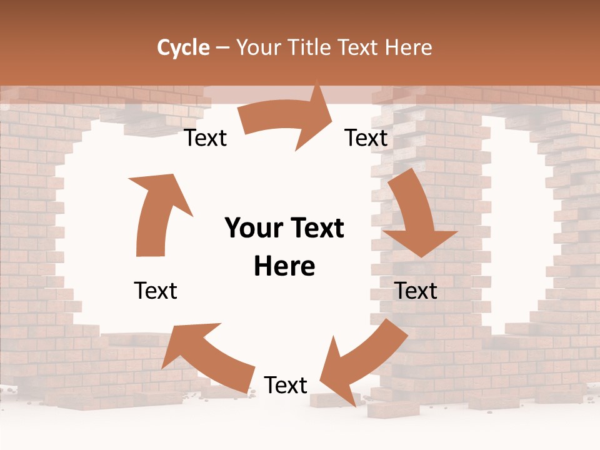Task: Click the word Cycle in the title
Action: pos(183,47)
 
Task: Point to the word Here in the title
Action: pos(409,47)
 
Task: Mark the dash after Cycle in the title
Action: pos(222,48)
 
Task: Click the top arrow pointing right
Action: pos(287,119)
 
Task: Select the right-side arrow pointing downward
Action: pos(416,216)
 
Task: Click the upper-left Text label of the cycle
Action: pos(206,138)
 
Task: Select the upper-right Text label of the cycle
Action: pos(366,138)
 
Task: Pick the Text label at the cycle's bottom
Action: pos(286,385)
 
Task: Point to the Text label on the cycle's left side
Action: pos(156,291)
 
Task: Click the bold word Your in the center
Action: pos(251,229)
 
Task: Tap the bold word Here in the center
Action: pos(284,267)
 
